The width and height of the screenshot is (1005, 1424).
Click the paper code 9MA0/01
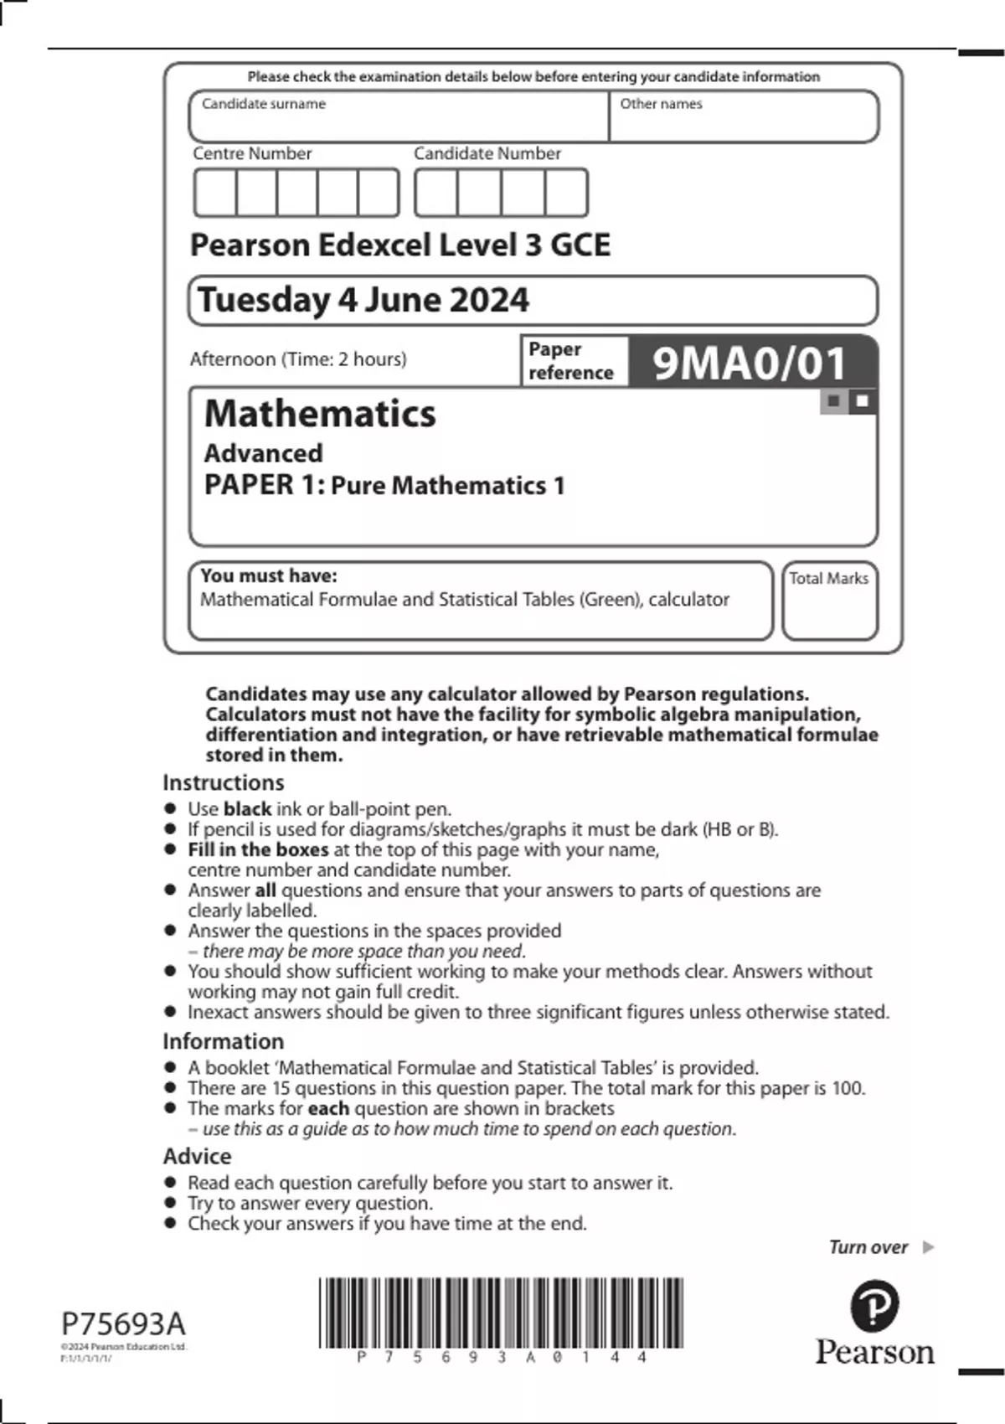750,364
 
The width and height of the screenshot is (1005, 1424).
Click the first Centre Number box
215,193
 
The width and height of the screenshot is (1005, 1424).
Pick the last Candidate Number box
566,193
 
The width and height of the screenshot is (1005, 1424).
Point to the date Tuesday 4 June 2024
363,300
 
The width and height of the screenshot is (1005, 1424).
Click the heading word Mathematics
320,414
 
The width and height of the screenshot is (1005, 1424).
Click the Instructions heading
223,782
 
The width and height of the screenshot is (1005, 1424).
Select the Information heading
223,1041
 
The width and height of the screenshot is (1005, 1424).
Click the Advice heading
197,1156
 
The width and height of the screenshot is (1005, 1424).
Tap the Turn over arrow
928,1247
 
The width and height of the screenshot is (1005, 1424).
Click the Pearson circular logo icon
874,1306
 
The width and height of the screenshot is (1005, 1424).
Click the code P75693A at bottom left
123,1324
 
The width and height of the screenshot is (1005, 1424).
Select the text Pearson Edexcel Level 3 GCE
400,245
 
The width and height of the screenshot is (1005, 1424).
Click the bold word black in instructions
247,809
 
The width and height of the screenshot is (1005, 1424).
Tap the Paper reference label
571,361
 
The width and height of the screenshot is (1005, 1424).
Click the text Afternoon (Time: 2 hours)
298,359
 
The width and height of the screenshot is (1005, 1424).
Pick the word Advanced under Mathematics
263,453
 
